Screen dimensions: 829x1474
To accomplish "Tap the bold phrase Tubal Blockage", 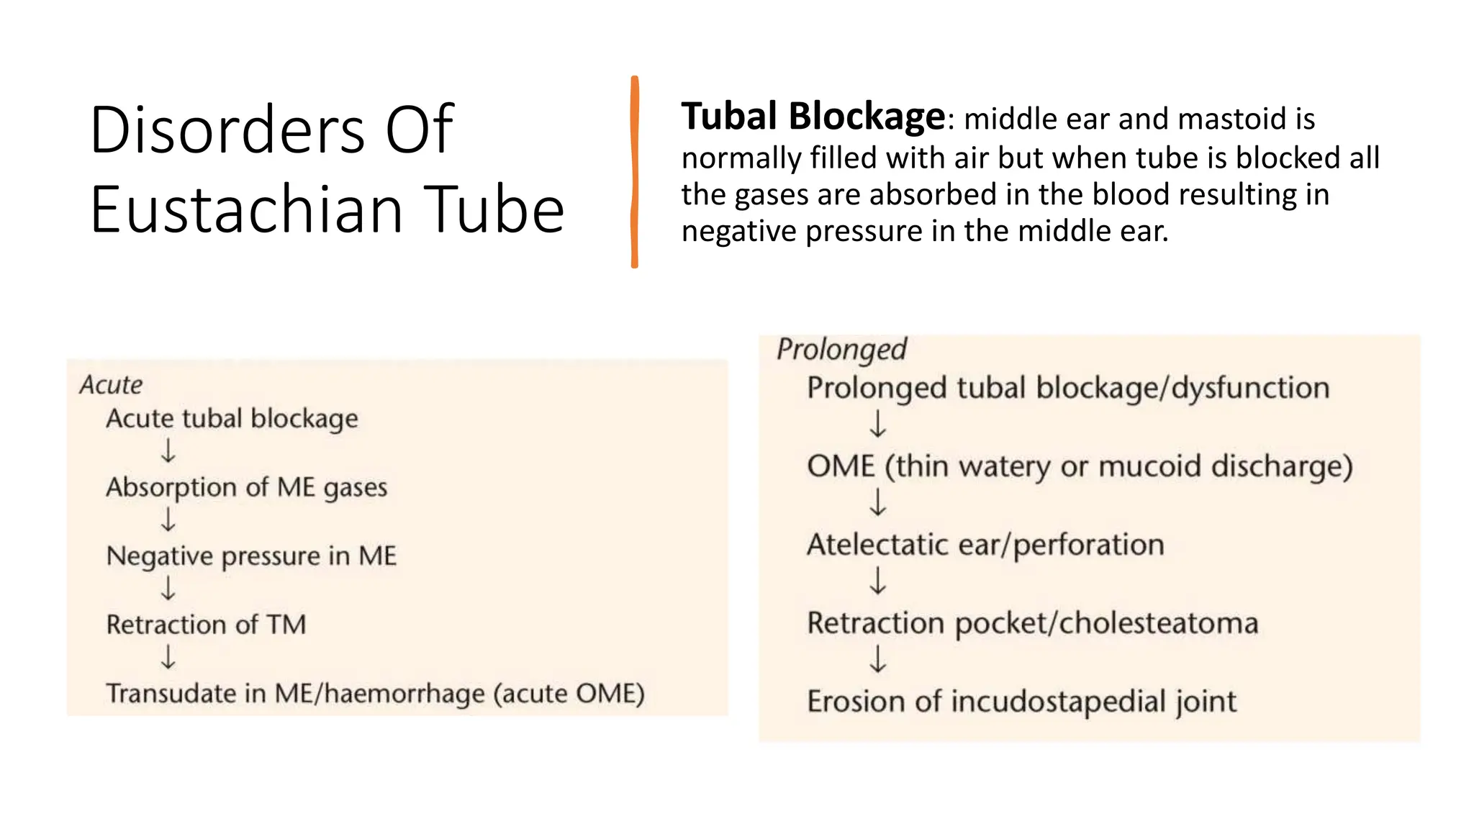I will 813,117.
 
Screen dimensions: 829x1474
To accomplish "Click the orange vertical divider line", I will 634,172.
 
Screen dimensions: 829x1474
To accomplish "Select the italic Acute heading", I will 111,385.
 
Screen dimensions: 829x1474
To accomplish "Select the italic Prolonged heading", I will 841,350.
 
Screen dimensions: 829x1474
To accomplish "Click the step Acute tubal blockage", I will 232,418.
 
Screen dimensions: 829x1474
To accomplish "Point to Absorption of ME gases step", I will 246,487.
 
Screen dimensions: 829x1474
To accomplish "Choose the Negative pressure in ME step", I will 251,556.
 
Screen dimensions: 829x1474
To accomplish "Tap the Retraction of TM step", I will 206,624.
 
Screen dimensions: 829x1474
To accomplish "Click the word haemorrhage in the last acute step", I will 404,694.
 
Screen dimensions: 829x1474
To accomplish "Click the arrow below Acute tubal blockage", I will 168,452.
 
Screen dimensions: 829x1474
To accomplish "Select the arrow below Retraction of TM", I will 168,658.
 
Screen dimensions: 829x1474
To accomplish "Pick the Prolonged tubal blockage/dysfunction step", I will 1067,389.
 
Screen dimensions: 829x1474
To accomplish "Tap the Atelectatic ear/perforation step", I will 985,545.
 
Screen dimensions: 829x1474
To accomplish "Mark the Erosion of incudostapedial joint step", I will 1021,702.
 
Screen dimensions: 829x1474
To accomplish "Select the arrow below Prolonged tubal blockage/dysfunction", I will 877,424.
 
